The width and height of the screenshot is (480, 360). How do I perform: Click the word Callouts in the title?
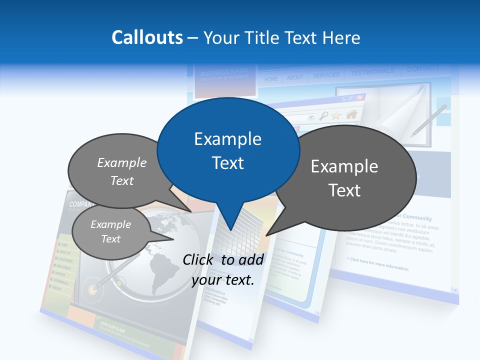tap(147, 37)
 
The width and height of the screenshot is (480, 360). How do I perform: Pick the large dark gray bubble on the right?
tap(345, 177)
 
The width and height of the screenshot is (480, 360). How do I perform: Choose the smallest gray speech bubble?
tap(110, 232)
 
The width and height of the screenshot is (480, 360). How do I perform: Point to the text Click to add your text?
tap(223, 269)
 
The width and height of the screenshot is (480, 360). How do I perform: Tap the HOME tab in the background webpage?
tap(271, 79)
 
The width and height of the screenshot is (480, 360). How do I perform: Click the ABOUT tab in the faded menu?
tap(295, 77)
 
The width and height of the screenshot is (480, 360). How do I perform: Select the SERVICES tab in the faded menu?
tap(326, 75)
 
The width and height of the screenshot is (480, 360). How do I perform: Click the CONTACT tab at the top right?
tap(422, 68)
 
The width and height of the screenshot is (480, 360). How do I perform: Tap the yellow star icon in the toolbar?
tap(336, 115)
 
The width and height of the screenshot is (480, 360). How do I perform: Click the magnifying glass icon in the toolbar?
tap(324, 116)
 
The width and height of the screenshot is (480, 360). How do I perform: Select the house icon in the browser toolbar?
tap(351, 114)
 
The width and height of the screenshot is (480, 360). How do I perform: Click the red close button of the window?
tap(360, 97)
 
